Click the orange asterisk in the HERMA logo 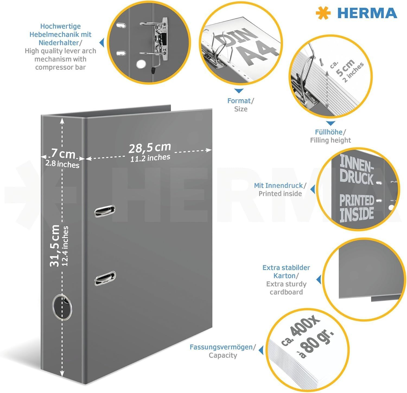point(324,13)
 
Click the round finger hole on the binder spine point(62,307)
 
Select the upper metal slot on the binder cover point(105,211)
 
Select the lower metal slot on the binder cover point(105,278)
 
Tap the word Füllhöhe point(329,132)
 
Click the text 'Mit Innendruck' point(278,186)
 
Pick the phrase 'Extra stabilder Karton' point(286,272)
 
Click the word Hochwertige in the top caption point(61,26)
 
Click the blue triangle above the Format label point(239,91)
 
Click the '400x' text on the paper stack point(304,327)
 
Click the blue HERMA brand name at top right point(367,13)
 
